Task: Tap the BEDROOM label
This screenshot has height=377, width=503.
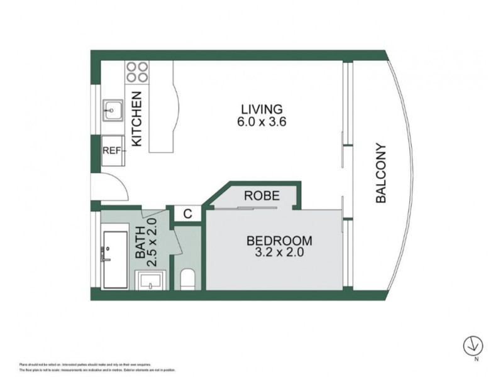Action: click(279, 241)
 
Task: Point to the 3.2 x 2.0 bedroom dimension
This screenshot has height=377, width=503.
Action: click(279, 253)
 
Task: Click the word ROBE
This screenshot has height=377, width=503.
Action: click(262, 195)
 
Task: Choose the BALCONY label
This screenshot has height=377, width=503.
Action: click(380, 173)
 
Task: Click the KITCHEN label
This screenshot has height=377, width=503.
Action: click(137, 119)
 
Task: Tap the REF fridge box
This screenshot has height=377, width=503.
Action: click(113, 151)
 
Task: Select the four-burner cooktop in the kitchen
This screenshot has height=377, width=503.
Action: click(137, 72)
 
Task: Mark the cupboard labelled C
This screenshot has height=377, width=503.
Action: click(187, 214)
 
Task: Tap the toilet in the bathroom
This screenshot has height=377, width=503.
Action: click(188, 279)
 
